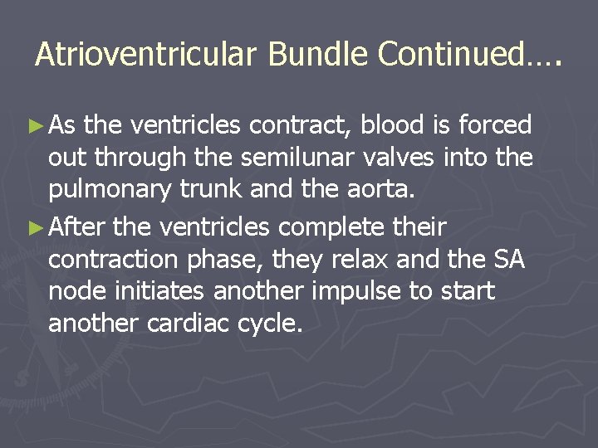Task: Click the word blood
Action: [395, 126]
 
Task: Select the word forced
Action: [494, 126]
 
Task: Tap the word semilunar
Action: [274, 158]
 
